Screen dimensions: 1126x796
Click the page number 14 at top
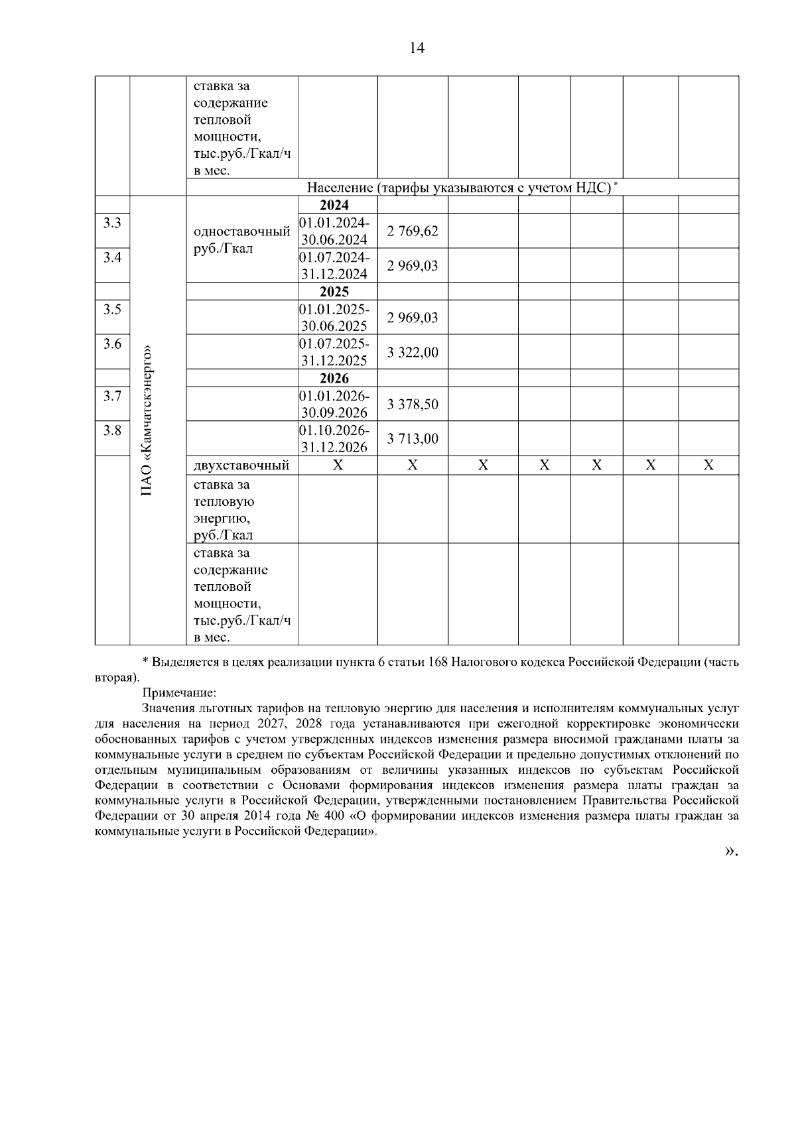click(417, 48)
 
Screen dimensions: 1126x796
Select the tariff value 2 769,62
click(413, 231)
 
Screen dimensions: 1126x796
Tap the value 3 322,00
click(413, 352)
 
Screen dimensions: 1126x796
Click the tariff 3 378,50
click(413, 405)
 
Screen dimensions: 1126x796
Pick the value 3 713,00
click(413, 439)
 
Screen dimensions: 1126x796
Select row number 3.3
click(112, 223)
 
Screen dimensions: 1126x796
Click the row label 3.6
click(112, 344)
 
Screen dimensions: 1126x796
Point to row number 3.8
click(112, 430)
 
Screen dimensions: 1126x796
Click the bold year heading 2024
click(334, 205)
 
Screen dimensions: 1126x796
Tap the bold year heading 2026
click(334, 379)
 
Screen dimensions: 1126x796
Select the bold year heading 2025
click(334, 292)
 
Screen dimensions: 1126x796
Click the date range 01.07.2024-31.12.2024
click(335, 265)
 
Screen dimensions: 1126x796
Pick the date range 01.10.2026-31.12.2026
click(335, 438)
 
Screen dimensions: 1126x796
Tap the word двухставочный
click(241, 466)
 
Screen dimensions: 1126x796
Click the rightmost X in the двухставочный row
click(708, 466)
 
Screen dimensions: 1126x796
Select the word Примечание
click(179, 694)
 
